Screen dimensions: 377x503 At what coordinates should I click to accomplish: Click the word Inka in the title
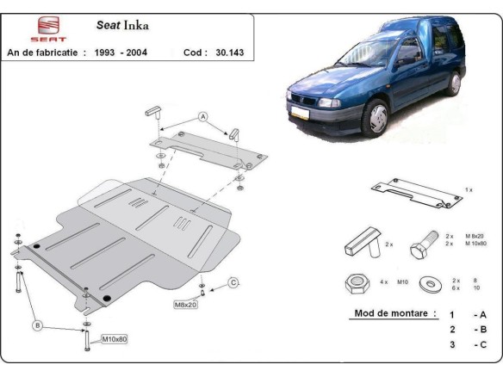point(135,26)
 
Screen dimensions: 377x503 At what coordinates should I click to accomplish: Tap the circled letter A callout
point(203,116)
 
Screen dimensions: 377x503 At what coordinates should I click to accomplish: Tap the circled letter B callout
point(37,324)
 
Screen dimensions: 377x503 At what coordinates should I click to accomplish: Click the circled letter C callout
point(233,282)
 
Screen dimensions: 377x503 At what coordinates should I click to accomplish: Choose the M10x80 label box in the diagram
point(114,339)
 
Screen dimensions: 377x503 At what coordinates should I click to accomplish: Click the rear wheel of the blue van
point(453,83)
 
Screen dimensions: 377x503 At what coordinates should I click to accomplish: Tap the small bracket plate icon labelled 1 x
point(415,193)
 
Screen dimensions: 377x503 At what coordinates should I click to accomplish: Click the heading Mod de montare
point(394,313)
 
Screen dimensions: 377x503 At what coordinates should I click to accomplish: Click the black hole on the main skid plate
point(106,298)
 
